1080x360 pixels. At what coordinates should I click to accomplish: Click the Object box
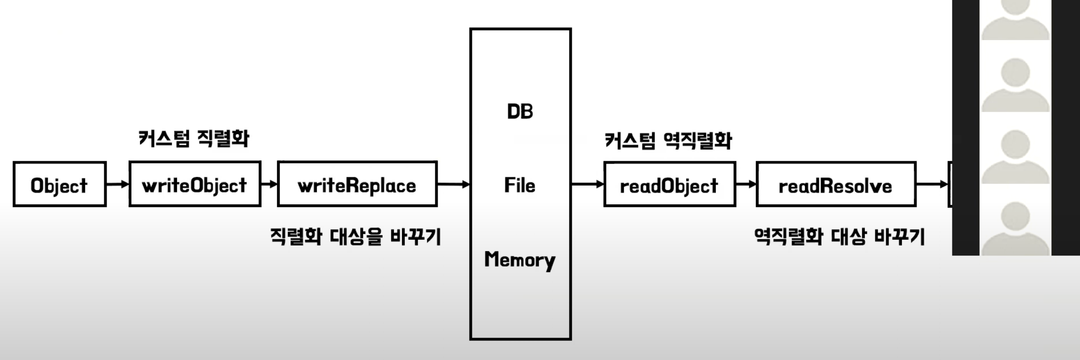tap(59, 184)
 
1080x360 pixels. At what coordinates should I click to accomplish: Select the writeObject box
tap(195, 184)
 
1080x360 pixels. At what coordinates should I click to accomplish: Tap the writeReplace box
tap(357, 184)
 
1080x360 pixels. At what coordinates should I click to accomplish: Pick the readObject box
tap(669, 184)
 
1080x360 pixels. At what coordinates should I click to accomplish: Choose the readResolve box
tap(836, 184)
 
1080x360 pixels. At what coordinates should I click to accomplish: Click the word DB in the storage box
tap(520, 112)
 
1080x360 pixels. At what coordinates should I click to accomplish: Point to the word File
tap(520, 185)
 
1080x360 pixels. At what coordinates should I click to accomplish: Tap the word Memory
tap(520, 260)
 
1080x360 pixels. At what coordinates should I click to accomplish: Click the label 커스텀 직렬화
tap(194, 138)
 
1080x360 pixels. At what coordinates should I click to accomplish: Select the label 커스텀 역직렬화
tap(668, 140)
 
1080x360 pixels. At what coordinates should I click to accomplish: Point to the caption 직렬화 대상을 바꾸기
tap(355, 237)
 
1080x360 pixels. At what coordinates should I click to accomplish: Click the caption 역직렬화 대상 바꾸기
tap(839, 237)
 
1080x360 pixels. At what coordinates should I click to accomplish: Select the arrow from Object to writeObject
tap(117, 184)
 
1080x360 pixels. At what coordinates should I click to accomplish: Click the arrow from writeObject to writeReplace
tap(269, 184)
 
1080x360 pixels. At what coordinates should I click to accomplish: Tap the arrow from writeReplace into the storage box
tap(453, 184)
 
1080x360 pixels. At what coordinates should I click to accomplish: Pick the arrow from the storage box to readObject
tap(587, 184)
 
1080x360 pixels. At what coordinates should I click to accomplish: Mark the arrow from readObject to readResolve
tap(746, 184)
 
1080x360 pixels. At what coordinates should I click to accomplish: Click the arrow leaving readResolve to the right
tap(932, 184)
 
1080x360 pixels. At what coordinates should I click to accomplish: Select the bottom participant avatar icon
tap(1015, 228)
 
